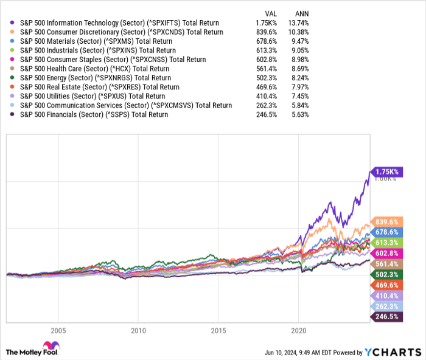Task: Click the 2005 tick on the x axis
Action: [x=58, y=331]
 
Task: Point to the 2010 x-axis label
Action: [x=138, y=331]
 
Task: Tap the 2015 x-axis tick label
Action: [x=218, y=331]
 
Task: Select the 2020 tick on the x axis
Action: [x=299, y=331]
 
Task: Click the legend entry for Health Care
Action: [x=97, y=68]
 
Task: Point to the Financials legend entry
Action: [x=94, y=114]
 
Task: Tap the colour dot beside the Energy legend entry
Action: [x=13, y=77]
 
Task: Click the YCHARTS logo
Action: [x=393, y=352]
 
